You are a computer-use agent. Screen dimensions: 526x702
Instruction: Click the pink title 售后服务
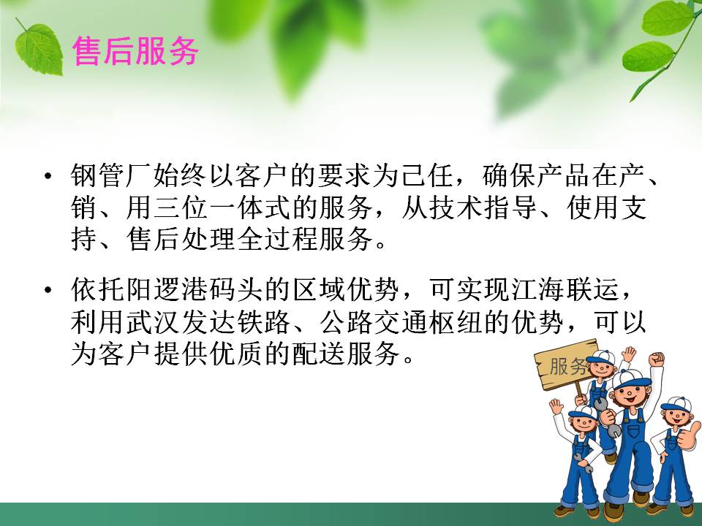(136, 52)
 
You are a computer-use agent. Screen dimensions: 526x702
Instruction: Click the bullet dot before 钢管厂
(49, 178)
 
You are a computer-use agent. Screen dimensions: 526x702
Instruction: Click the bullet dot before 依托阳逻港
(49, 290)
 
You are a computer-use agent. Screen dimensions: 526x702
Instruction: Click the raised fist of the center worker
(656, 360)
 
